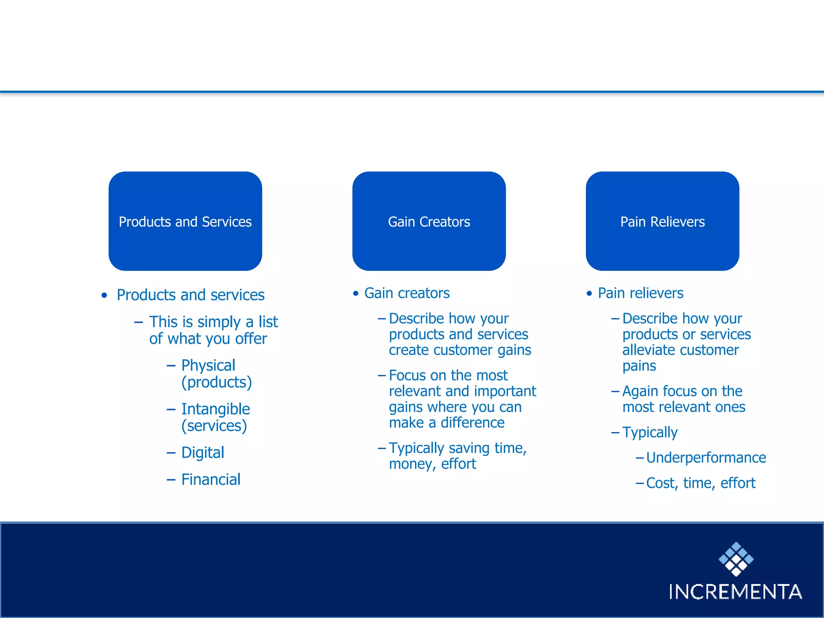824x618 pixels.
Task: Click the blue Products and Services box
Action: tap(185, 221)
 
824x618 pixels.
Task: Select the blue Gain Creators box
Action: tap(429, 221)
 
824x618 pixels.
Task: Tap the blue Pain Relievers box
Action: tap(662, 221)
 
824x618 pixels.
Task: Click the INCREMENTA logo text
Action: tap(735, 592)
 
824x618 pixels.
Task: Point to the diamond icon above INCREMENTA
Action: tap(736, 559)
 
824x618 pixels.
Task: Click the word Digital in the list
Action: tap(202, 453)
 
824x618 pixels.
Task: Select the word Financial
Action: tap(211, 480)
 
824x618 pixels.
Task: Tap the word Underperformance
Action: tap(706, 457)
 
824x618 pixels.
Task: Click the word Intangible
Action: tap(216, 409)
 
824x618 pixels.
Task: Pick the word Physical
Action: tap(208, 365)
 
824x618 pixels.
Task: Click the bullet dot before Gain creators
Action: tap(355, 293)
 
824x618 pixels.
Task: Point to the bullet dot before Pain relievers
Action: tap(589, 293)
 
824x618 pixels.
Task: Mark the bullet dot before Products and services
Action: tap(105, 295)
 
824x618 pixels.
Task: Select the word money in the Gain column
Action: tap(412, 464)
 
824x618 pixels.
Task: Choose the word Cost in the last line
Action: tap(660, 483)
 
